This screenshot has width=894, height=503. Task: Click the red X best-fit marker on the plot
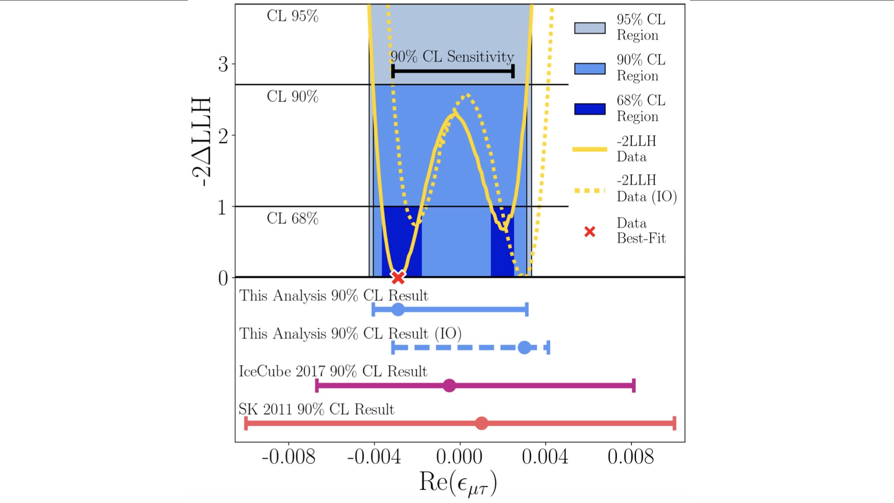[x=398, y=277]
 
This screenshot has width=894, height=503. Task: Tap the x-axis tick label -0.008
[x=289, y=457]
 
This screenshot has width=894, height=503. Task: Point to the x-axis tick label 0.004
[x=545, y=457]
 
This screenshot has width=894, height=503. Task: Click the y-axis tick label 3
[x=223, y=65]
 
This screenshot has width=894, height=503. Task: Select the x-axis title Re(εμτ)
[x=458, y=483]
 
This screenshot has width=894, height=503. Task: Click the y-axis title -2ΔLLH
[x=202, y=142]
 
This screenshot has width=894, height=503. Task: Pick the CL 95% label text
[x=292, y=16]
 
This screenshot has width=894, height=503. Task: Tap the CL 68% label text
[x=292, y=219]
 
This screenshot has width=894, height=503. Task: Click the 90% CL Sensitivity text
[x=452, y=57]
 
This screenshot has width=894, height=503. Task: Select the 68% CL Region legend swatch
[x=590, y=109]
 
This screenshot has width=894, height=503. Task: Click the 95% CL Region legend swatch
[x=590, y=28]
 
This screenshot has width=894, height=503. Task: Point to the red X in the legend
[x=590, y=231]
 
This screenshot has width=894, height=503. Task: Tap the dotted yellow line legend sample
[x=590, y=191]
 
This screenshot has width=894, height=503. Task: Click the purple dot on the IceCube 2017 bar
[x=449, y=386]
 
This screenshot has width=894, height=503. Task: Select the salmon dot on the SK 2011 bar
[x=481, y=423]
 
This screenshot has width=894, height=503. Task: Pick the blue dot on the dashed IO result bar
[x=525, y=347]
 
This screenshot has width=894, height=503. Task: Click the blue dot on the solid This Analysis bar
[x=398, y=309]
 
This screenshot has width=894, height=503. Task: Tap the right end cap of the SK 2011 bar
[x=675, y=423]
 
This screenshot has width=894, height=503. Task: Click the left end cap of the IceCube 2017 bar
[x=317, y=386]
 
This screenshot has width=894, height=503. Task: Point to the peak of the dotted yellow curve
[x=468, y=95]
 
